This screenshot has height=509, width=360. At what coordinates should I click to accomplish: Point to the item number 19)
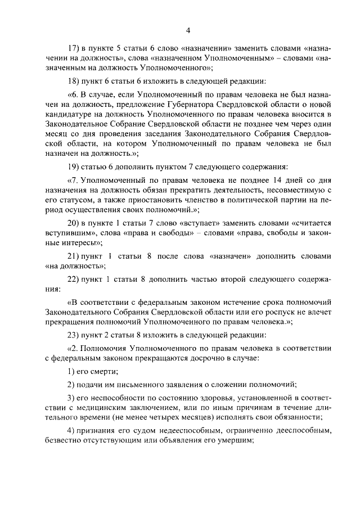(x=75, y=166)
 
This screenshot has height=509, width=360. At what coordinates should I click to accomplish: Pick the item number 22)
(x=75, y=280)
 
